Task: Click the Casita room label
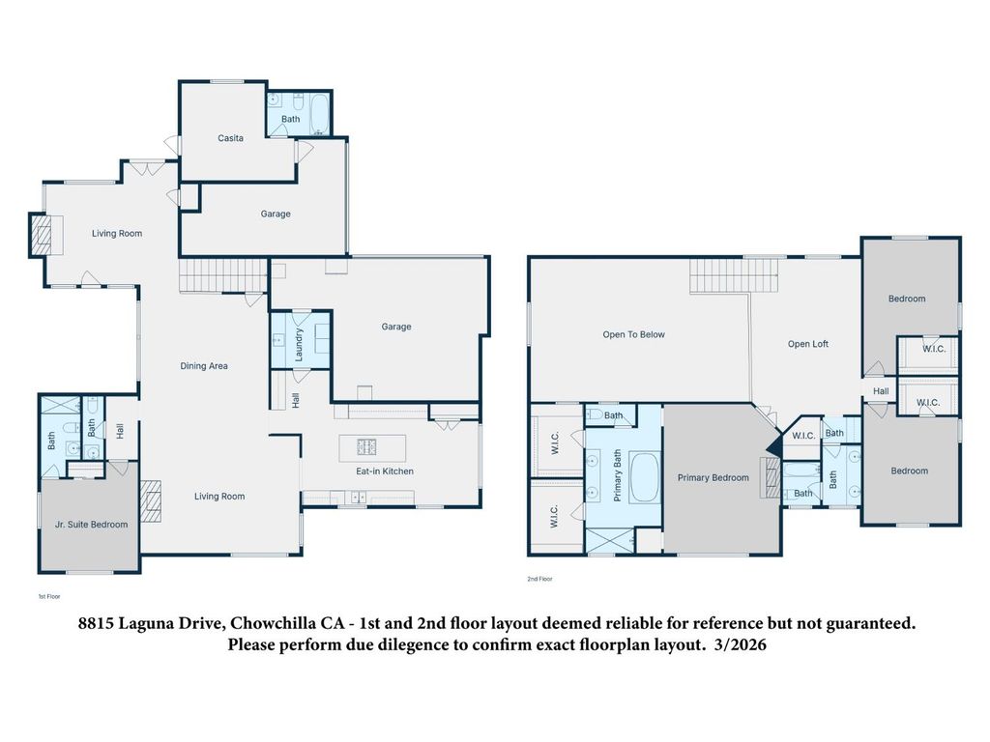230,138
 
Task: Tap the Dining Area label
204,366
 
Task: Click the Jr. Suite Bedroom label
91,525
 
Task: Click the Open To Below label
634,334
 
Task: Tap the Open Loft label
808,344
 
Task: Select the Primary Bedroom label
713,477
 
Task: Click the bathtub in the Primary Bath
644,477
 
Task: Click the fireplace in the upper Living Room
40,234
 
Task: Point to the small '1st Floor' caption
48,597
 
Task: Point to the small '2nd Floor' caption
539,579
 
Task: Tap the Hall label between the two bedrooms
881,391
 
